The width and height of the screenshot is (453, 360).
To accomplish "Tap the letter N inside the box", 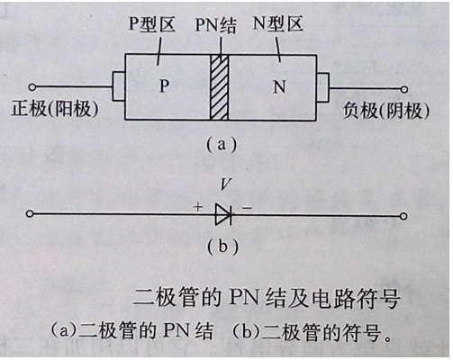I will [x=278, y=88].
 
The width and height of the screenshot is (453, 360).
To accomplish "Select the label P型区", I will [x=151, y=25].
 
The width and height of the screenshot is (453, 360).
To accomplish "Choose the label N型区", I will [x=280, y=25].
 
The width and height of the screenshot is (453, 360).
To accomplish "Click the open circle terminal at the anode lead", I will [x=32, y=87].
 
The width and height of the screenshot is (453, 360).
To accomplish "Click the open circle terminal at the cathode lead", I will [x=404, y=88].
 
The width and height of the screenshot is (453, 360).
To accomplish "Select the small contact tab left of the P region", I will [x=118, y=87].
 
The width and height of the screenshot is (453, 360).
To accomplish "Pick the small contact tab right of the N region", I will [x=322, y=88].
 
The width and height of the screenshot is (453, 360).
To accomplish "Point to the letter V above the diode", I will [x=226, y=186].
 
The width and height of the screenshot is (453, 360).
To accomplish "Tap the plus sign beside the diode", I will [x=197, y=206].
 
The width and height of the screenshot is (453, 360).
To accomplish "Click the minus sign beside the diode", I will [x=247, y=207].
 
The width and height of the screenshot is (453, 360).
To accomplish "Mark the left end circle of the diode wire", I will [x=32, y=214].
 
